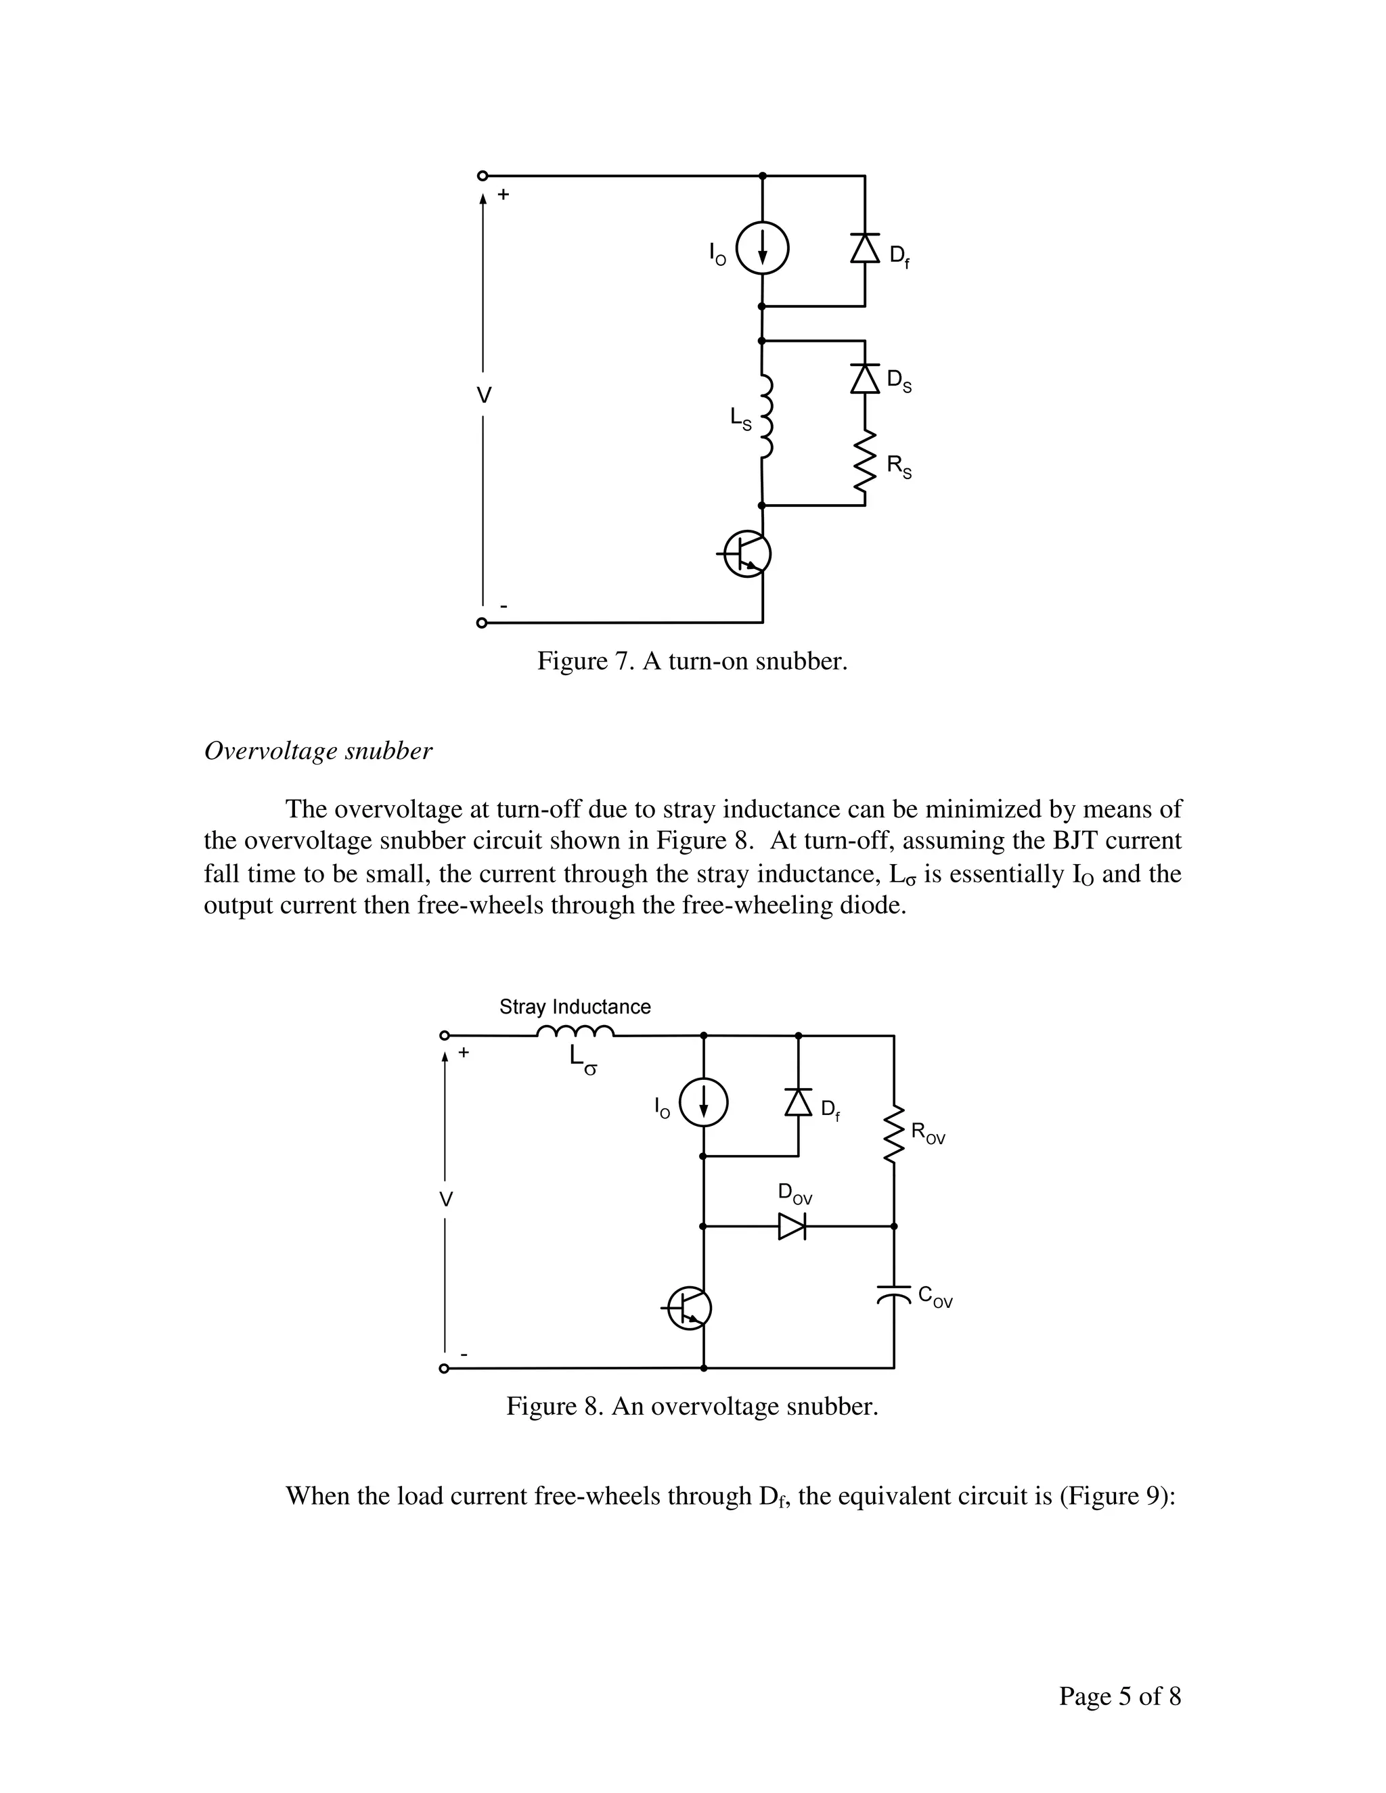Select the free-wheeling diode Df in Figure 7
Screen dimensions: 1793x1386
(865, 247)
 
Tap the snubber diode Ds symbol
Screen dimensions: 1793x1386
(865, 378)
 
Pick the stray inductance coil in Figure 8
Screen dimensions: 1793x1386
(575, 1032)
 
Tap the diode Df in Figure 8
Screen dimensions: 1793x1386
(798, 1102)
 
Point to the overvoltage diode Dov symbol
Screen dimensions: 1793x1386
(792, 1226)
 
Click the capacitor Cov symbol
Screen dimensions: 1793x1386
(893, 1294)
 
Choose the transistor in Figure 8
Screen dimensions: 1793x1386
(688, 1308)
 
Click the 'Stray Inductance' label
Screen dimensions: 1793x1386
(575, 1007)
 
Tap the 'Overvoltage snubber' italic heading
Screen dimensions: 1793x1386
(318, 751)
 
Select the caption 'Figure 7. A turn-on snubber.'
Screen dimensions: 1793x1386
(692, 661)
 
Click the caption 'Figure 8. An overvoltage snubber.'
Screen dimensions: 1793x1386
(692, 1407)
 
